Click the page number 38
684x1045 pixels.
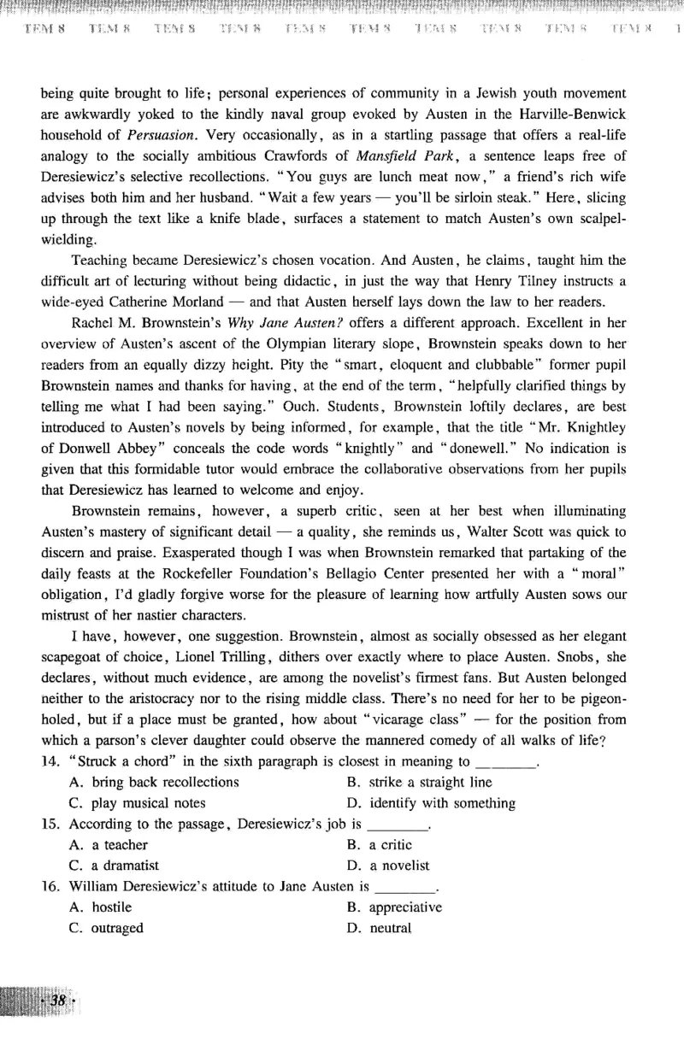click(x=59, y=1001)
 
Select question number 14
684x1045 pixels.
click(x=50, y=761)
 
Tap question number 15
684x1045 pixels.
click(x=50, y=825)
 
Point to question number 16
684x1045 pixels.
click(x=50, y=887)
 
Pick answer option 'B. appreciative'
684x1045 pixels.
click(x=394, y=907)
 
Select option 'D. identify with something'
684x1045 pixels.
click(x=431, y=803)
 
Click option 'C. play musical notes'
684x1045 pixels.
click(x=137, y=803)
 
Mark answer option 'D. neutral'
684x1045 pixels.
click(x=379, y=928)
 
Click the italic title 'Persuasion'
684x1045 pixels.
click(x=162, y=134)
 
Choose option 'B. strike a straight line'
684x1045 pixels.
click(x=419, y=782)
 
